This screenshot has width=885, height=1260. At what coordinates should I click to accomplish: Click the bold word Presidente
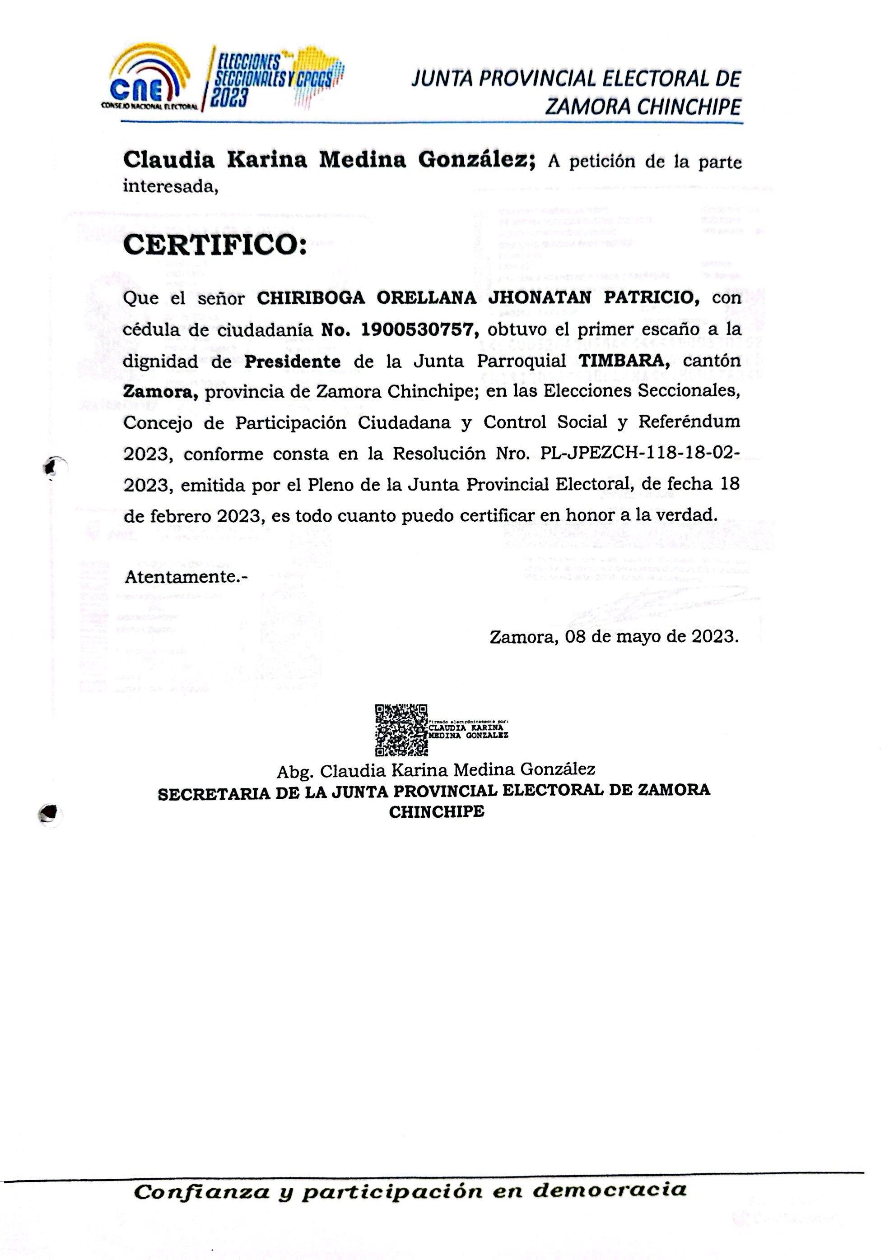(x=293, y=361)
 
